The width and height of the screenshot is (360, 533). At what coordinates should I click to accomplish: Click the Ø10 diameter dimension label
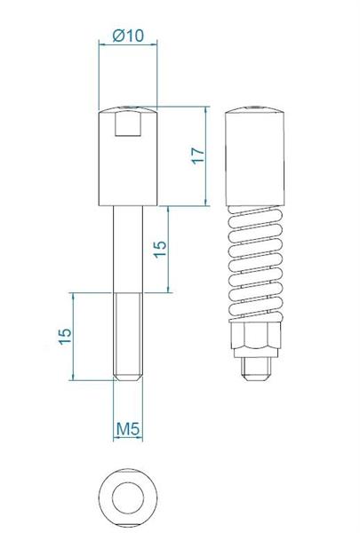pos(128,35)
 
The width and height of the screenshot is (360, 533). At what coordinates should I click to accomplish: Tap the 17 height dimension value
pos(198,156)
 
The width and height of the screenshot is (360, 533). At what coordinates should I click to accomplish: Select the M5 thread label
pos(128,429)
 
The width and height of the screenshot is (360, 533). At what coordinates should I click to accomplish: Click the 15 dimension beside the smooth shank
pos(160,249)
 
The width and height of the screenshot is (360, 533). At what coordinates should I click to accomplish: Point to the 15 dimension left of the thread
pos(65,337)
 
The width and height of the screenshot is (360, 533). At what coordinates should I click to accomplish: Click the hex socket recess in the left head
pos(128,123)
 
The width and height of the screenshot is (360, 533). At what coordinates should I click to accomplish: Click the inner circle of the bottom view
pos(128,498)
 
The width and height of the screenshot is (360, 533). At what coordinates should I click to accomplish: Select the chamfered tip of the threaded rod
pos(128,378)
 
